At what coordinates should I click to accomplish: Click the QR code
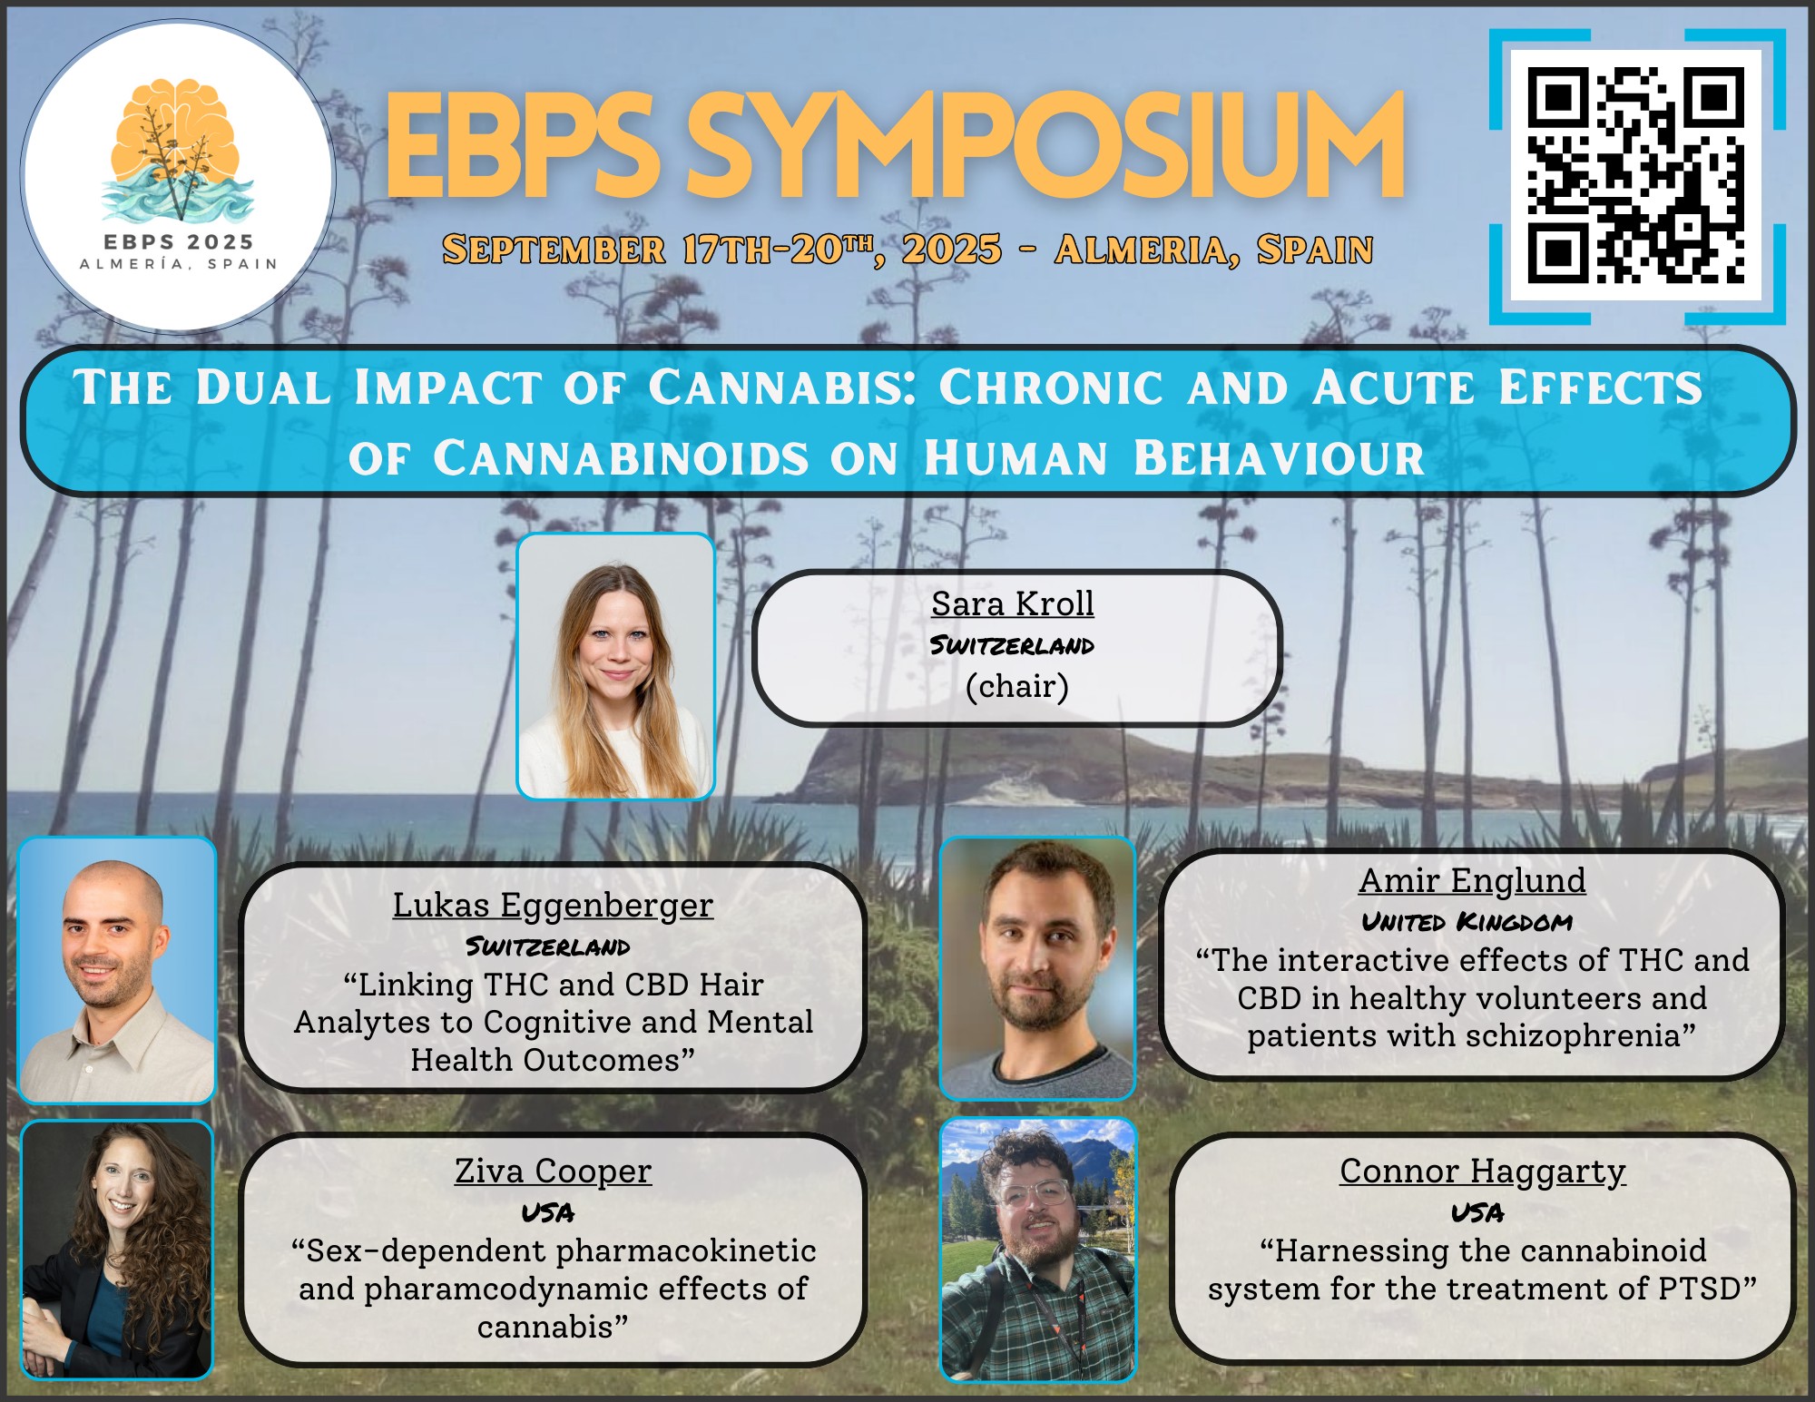tap(1636, 175)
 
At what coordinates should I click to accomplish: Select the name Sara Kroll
tap(1013, 603)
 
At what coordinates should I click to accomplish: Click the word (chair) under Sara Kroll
tap(1016, 686)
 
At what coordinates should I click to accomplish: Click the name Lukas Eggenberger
tap(553, 906)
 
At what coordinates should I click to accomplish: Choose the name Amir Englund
tap(1472, 880)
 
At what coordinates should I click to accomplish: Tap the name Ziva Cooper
tap(553, 1172)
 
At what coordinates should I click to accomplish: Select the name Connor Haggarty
tap(1482, 1172)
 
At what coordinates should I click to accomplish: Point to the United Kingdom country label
tap(1467, 922)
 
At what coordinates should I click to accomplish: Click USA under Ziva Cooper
tap(548, 1212)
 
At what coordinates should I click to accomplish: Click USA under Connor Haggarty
tap(1477, 1212)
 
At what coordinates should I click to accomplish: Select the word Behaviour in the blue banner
tap(1279, 457)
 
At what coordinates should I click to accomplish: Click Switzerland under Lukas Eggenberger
tap(547, 947)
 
